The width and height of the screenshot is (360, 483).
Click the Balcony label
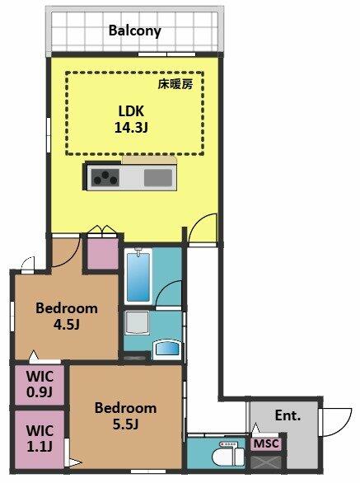[x=134, y=31]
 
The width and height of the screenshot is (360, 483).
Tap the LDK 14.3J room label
[x=132, y=120]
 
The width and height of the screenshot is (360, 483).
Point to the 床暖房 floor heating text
[x=175, y=84]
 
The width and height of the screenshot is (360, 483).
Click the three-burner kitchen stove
[x=105, y=178]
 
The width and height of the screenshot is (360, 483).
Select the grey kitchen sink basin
[x=158, y=178]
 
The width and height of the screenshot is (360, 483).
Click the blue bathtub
[x=138, y=276]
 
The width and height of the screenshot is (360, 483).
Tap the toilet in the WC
[x=231, y=454]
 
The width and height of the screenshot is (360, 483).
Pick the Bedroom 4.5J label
[x=67, y=316]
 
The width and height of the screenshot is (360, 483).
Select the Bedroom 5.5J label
[x=126, y=416]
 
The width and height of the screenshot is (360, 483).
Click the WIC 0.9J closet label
[x=40, y=384]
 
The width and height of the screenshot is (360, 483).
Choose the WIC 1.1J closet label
[x=40, y=438]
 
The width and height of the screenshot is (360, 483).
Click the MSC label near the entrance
[x=266, y=444]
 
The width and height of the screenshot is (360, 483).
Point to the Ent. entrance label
[x=288, y=415]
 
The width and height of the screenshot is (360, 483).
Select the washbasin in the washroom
[x=166, y=349]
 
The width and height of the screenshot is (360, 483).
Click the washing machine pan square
[x=137, y=323]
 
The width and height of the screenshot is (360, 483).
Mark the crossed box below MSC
[x=266, y=462]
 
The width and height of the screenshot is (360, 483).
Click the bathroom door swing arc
[x=164, y=289]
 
